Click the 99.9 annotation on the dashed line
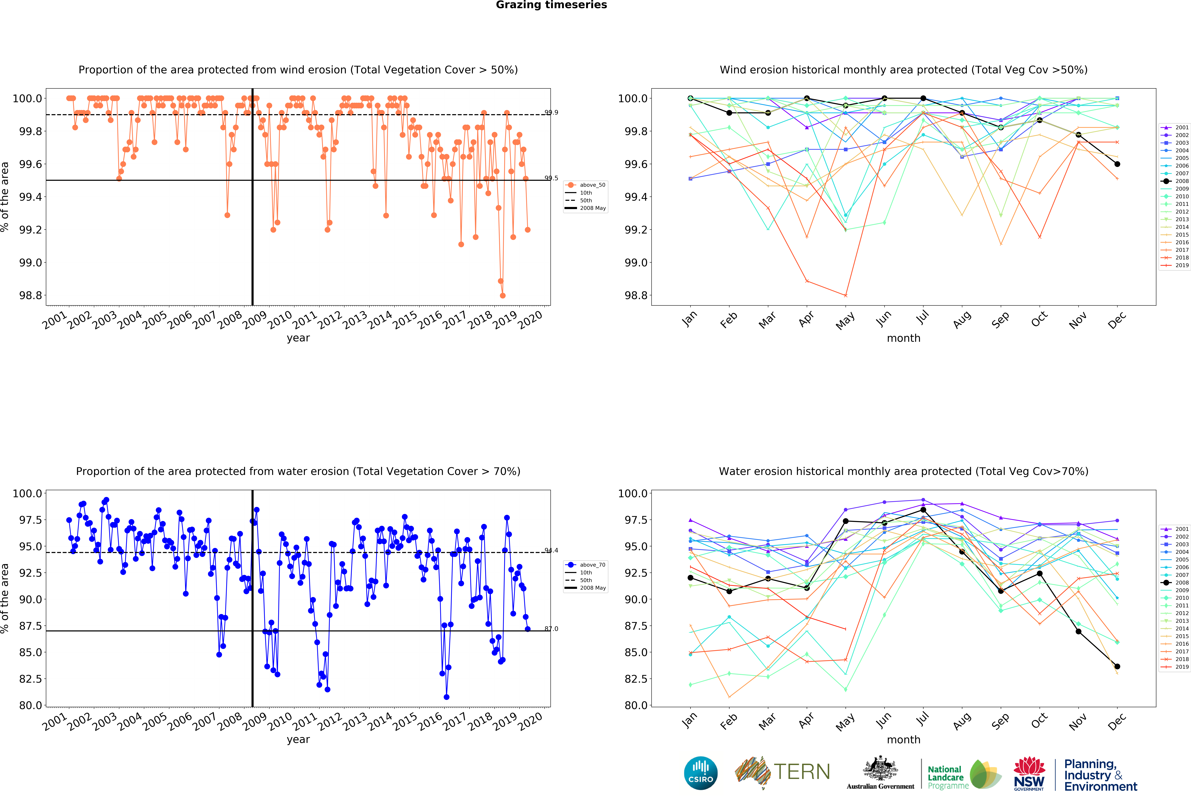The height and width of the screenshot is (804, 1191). [551, 113]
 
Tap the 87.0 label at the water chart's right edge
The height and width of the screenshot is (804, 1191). [551, 629]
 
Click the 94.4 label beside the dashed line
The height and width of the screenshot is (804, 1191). [551, 550]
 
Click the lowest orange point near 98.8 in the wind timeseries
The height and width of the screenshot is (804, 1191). [503, 295]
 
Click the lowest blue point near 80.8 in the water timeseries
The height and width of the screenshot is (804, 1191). [446, 697]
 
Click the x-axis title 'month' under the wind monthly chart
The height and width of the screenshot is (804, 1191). [903, 338]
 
